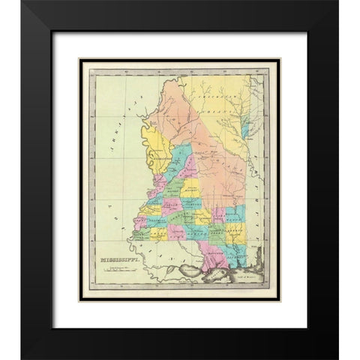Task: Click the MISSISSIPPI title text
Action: pos(112,260)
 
